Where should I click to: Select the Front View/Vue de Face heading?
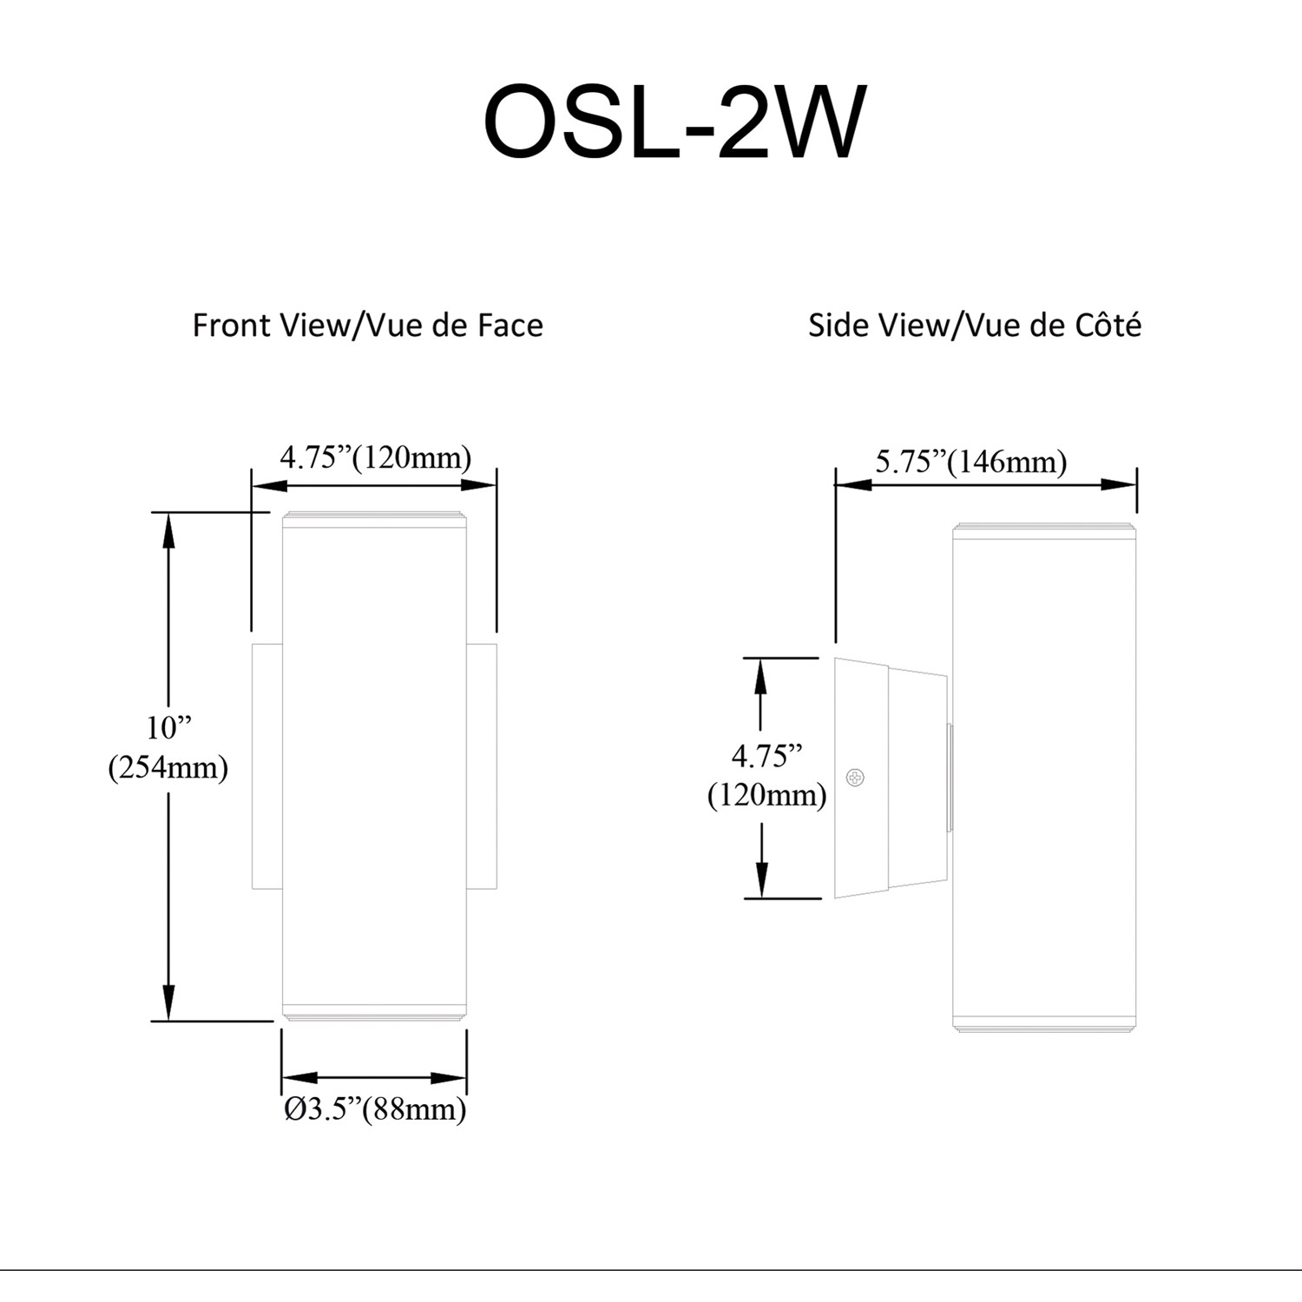click(x=367, y=325)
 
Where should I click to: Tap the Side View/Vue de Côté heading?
click(x=974, y=325)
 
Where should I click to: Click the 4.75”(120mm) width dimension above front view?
click(x=375, y=457)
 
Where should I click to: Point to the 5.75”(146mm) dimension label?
click(x=970, y=462)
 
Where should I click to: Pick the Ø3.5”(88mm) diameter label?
click(x=375, y=1109)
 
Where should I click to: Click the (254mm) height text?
click(x=168, y=767)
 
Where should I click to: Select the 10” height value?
click(x=168, y=727)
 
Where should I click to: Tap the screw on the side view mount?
click(x=855, y=778)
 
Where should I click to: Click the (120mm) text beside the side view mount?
click(x=767, y=795)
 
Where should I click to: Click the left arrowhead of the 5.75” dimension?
click(x=852, y=484)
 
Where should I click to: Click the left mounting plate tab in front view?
click(x=266, y=766)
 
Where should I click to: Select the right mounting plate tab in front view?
click(x=482, y=766)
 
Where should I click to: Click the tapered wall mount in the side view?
click(x=890, y=778)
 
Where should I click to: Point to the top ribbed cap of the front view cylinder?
click(x=374, y=518)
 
